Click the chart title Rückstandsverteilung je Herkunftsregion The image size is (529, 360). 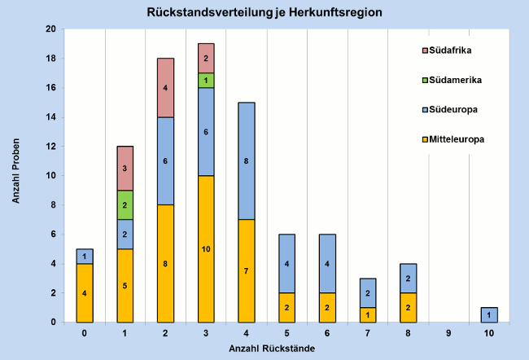[x=264, y=13]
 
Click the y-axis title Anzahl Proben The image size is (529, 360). [x=17, y=176]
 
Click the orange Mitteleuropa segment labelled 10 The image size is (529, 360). [x=206, y=248]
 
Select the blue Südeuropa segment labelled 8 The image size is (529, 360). [x=246, y=161]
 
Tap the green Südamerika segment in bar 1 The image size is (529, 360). [x=125, y=205]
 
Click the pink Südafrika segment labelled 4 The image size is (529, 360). [x=165, y=88]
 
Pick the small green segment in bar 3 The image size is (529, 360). [x=206, y=80]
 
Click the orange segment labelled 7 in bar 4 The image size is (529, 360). [x=246, y=270]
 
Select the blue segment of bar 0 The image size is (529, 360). [x=85, y=256]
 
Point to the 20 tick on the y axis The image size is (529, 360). [x=50, y=29]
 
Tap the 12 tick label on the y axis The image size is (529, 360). [x=50, y=147]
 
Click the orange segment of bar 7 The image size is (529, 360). [x=366, y=314]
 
